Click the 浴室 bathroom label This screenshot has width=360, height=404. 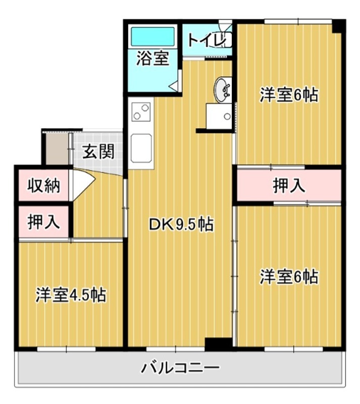152,58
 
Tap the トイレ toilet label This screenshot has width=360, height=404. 207,40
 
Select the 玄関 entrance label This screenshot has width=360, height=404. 98,151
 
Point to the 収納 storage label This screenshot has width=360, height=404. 44,185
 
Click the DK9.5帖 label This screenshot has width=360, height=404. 181,224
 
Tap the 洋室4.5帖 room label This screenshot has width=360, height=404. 71,295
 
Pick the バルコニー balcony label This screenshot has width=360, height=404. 180,368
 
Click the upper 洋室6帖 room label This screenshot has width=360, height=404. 289,95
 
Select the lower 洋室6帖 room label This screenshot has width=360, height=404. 289,277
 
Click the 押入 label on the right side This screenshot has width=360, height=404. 289,185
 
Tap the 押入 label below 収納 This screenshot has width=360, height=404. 44,222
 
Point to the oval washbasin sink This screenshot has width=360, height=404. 222,90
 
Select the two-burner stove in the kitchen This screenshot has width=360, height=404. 141,112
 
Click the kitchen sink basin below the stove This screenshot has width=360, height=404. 141,148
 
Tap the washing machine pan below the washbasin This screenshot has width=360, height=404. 219,116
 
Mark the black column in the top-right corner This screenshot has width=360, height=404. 338,26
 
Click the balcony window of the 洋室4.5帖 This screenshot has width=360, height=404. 67,349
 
